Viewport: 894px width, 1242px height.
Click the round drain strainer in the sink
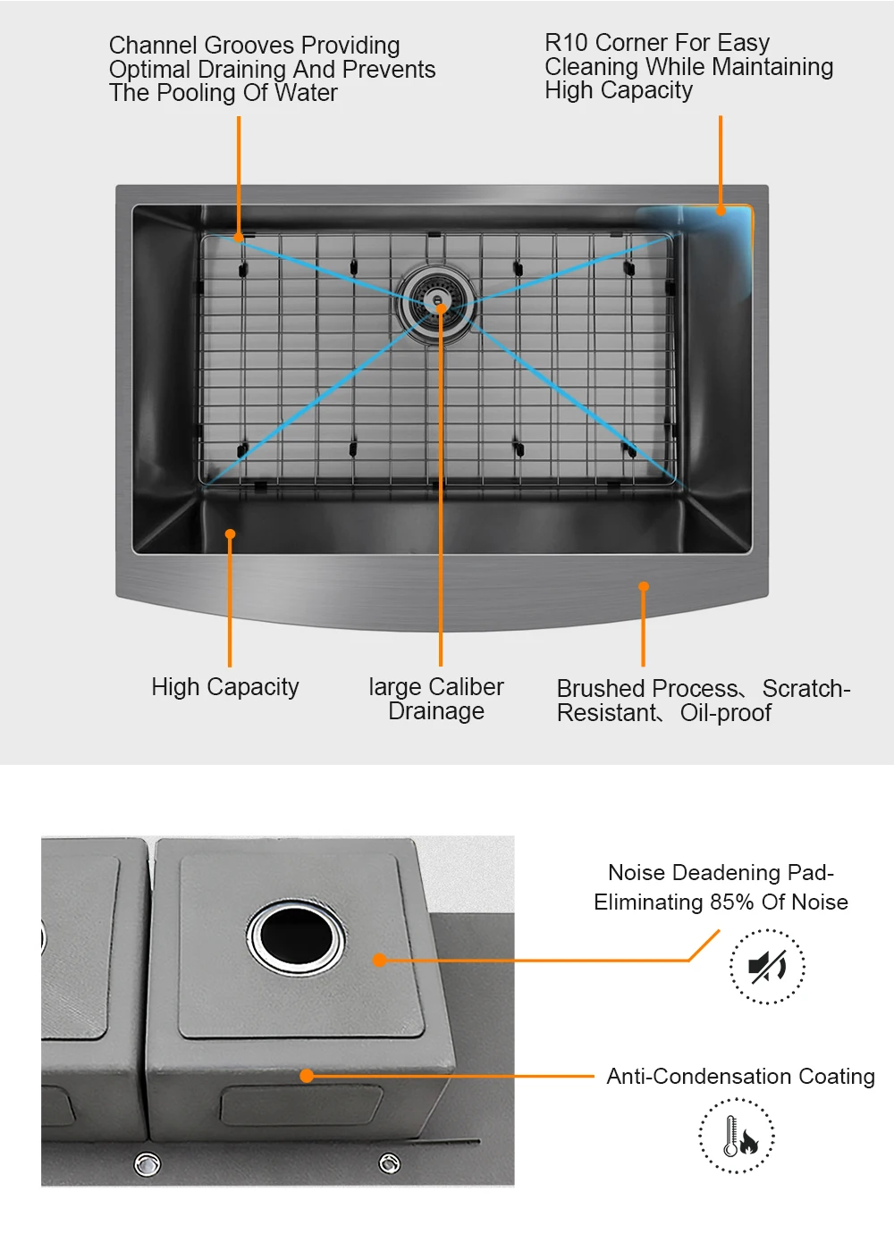(436, 300)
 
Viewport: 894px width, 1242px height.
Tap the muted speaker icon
(767, 967)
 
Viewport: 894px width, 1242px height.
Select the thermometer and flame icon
(737, 1136)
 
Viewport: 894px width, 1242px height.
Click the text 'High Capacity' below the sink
(225, 687)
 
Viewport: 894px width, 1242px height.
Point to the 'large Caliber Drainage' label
(436, 699)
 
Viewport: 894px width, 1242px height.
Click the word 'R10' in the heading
(567, 43)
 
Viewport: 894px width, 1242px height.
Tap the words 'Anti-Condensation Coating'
(740, 1077)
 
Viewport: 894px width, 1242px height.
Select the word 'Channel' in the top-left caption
(153, 46)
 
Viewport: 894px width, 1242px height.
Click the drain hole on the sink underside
(295, 936)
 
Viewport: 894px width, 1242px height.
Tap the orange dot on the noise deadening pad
(379, 960)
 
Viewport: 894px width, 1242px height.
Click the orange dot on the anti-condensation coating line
(307, 1076)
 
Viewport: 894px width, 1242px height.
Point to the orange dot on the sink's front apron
(644, 587)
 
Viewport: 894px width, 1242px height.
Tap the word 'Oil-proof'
(725, 713)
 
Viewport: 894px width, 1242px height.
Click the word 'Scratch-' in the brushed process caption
(805, 689)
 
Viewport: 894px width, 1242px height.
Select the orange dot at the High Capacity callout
(230, 534)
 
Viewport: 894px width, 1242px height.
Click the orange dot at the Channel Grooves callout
(239, 238)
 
